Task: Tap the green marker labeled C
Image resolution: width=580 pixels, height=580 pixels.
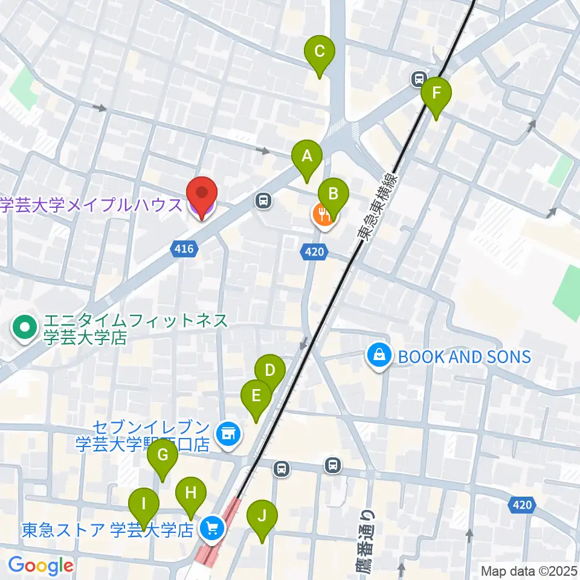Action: coord(320,53)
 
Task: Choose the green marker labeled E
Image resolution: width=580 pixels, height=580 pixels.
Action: coord(256,397)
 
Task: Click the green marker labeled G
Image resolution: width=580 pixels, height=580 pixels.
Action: coord(163,456)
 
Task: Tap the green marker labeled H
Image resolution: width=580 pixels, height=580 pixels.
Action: coord(191,494)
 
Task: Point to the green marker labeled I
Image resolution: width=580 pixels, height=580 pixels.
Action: coord(144,504)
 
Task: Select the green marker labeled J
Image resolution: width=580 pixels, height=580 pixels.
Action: coord(262,516)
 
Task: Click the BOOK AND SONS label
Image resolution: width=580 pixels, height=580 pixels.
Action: coord(463,356)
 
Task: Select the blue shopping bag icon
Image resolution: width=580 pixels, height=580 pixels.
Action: coord(379,356)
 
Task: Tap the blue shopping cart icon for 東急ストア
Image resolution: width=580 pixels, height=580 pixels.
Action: coord(211,529)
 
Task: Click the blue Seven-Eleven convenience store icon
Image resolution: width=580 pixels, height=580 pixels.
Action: coord(227,433)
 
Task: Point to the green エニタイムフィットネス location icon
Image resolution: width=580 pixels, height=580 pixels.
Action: coord(25,328)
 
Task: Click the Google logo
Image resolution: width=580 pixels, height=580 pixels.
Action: coord(40,566)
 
